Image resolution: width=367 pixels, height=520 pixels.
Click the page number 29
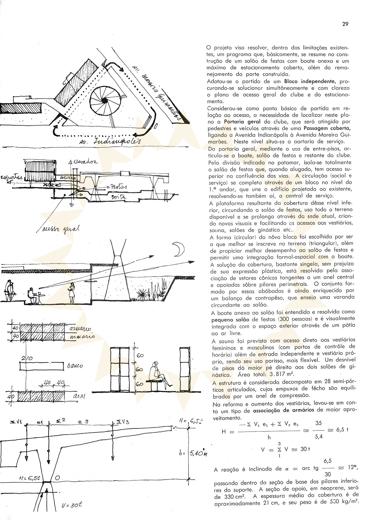click(345, 24)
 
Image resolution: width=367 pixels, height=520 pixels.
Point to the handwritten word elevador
click(86, 162)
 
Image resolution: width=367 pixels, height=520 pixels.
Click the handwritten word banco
click(75, 366)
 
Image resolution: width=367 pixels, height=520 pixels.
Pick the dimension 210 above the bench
click(27, 358)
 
